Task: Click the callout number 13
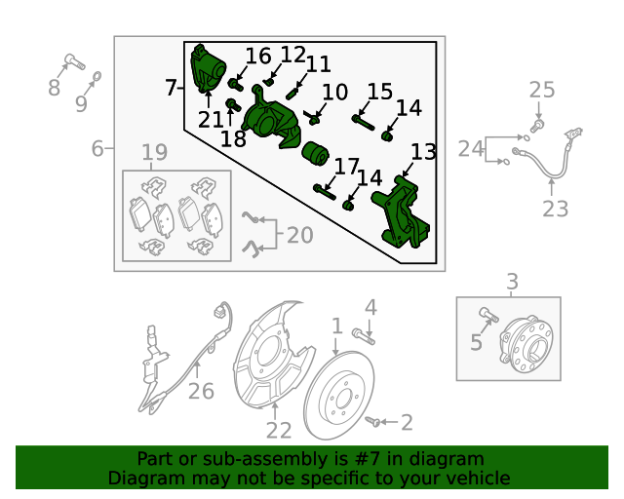(423, 152)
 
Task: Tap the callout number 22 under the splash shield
(279, 430)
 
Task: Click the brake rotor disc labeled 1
(338, 395)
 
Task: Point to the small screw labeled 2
(372, 422)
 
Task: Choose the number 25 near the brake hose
(542, 90)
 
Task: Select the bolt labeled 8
(74, 61)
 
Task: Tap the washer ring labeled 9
(97, 76)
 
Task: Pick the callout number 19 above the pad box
(155, 152)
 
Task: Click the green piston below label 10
(315, 153)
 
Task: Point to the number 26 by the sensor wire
(201, 391)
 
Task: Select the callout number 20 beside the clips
(299, 235)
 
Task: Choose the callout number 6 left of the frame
(97, 149)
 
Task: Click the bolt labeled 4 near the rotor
(364, 336)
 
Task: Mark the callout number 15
(379, 92)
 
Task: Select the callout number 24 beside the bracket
(471, 149)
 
